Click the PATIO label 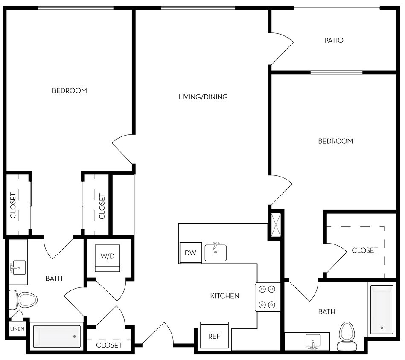[334, 41]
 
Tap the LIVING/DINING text [203, 97]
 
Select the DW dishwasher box [190, 253]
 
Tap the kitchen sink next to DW [216, 252]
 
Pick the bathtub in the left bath [57, 336]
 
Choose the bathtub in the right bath [382, 310]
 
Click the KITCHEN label [224, 296]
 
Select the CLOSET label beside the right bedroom [364, 250]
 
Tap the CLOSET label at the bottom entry [109, 345]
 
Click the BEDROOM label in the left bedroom [69, 90]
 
